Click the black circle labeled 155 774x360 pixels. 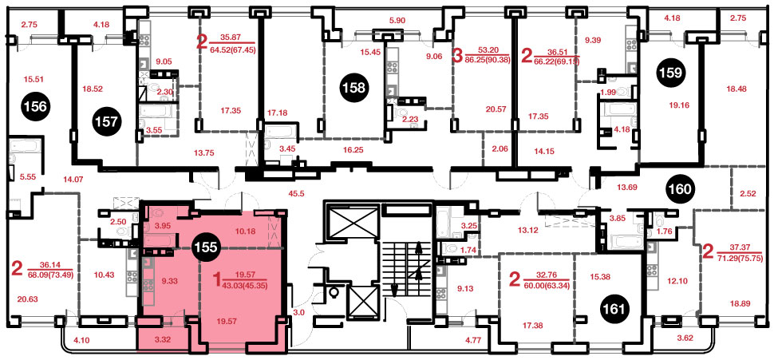[206, 247]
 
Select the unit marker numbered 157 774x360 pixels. [108, 122]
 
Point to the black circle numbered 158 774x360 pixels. [355, 89]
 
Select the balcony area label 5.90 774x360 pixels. [397, 21]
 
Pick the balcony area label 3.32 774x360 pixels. [162, 341]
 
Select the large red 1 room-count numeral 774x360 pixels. [215, 281]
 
